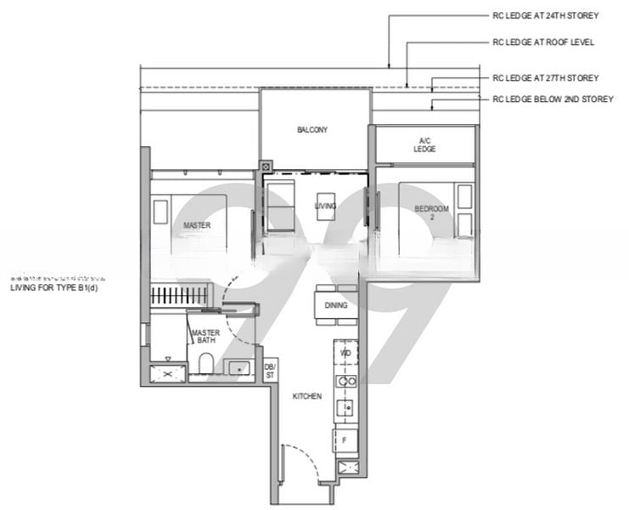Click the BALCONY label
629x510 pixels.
coord(312,130)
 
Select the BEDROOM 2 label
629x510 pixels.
coord(426,212)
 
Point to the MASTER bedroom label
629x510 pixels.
coord(197,225)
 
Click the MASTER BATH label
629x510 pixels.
coord(205,337)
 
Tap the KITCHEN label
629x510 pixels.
coord(306,397)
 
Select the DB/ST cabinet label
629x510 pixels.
coord(270,371)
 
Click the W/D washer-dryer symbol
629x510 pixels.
coord(345,353)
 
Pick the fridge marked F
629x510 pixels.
coord(345,440)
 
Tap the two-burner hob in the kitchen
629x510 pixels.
coord(345,382)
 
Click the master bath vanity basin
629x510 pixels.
coord(239,368)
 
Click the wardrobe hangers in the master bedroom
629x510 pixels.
coord(175,297)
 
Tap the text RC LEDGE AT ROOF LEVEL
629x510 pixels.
coord(543,42)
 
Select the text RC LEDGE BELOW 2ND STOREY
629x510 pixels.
coord(553,99)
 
